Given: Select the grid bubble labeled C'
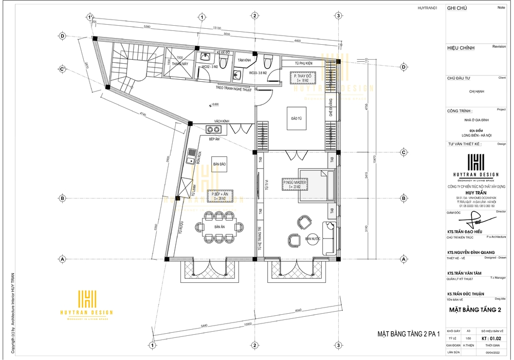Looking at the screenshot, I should tap(62, 69).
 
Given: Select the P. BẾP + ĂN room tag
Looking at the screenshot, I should tap(220, 196).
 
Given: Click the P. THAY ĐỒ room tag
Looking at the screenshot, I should tap(301, 78).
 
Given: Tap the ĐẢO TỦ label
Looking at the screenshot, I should tap(296, 119).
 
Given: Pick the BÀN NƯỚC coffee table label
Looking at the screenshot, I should tap(313, 239).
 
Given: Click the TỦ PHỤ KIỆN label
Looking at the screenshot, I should tap(304, 63).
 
